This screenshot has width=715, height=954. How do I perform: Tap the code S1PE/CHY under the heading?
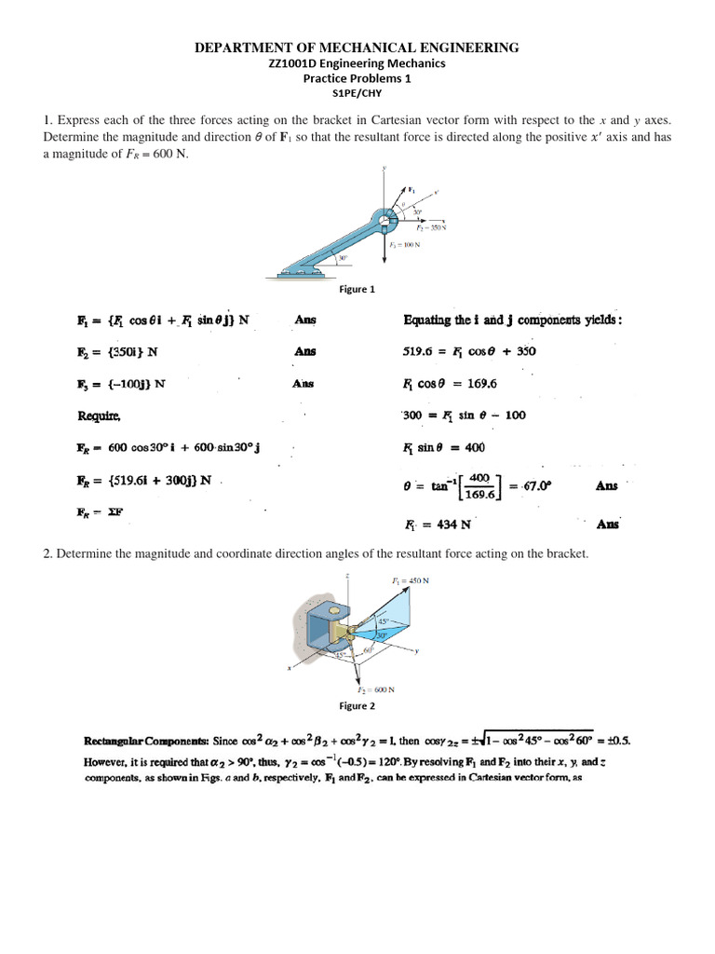[x=357, y=93]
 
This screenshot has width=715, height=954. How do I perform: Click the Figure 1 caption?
[x=357, y=289]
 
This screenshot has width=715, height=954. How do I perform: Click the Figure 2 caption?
[x=357, y=705]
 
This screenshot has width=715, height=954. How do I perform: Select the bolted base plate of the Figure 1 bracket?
[x=301, y=272]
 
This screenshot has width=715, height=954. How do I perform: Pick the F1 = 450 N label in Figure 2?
[x=410, y=580]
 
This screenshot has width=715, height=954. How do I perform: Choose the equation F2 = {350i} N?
[x=117, y=352]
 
